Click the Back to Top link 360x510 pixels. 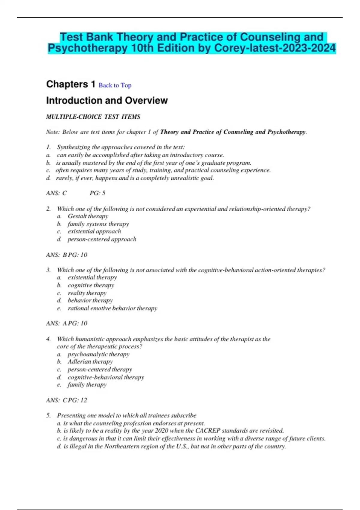[x=115, y=85]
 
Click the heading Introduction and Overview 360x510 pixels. [x=107, y=100]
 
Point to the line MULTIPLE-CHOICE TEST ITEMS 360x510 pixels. [x=93, y=117]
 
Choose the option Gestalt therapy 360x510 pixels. [x=88, y=216]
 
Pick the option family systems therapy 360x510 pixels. [x=98, y=224]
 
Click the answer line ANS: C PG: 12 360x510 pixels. [x=66, y=400]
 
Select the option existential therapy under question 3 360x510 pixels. [x=92, y=277]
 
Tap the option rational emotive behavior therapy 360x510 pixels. [x=112, y=308]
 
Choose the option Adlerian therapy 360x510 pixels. [x=90, y=362]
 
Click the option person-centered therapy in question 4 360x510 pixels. [x=100, y=370]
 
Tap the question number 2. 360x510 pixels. [x=48, y=209]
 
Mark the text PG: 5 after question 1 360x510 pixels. [x=97, y=193]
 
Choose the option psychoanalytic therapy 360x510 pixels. [x=98, y=354]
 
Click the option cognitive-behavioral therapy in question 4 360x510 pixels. [x=106, y=377]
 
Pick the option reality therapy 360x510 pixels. [x=87, y=293]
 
